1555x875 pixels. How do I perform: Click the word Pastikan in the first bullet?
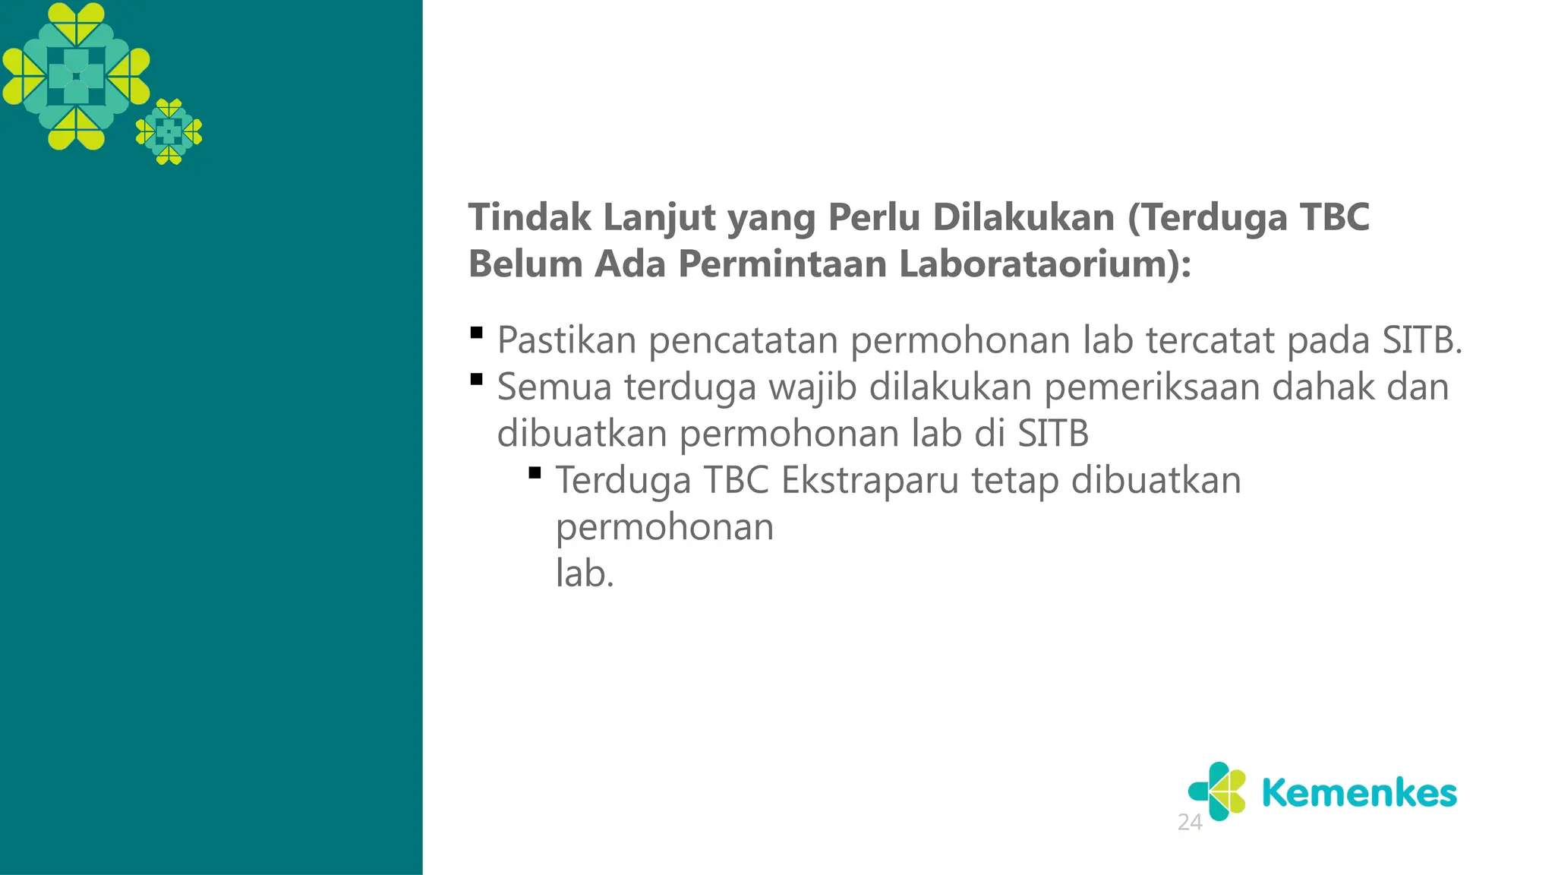tap(566, 340)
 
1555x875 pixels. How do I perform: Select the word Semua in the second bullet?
tap(554, 387)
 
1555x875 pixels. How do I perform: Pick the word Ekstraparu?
tap(870, 481)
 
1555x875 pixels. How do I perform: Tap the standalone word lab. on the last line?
tap(585, 573)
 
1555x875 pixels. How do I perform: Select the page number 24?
tap(1190, 822)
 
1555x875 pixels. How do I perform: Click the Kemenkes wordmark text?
tap(1359, 793)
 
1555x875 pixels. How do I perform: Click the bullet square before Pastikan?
tap(477, 333)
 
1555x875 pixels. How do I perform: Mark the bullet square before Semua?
tap(477, 380)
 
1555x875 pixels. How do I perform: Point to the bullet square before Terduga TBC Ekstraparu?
tap(535, 473)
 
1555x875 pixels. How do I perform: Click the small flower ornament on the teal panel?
tap(169, 131)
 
